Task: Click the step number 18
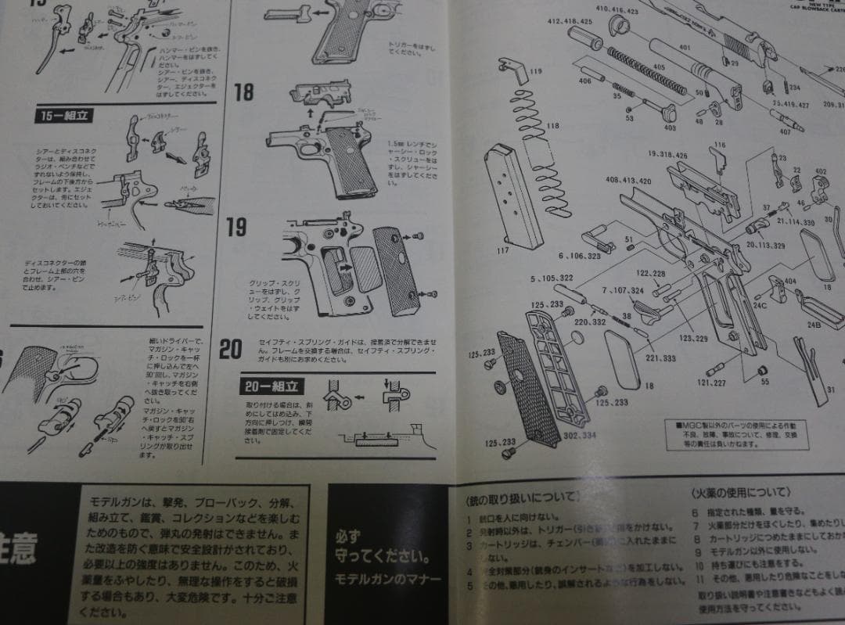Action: click(244, 92)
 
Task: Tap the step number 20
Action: click(230, 349)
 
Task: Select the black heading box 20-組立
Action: click(271, 386)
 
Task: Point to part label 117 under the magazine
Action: click(502, 251)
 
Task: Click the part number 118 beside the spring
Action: click(553, 126)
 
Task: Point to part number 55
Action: click(764, 382)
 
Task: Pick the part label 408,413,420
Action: click(628, 181)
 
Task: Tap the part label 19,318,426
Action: click(667, 155)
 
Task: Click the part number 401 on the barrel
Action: click(685, 48)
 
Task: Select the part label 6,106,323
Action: click(579, 256)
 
